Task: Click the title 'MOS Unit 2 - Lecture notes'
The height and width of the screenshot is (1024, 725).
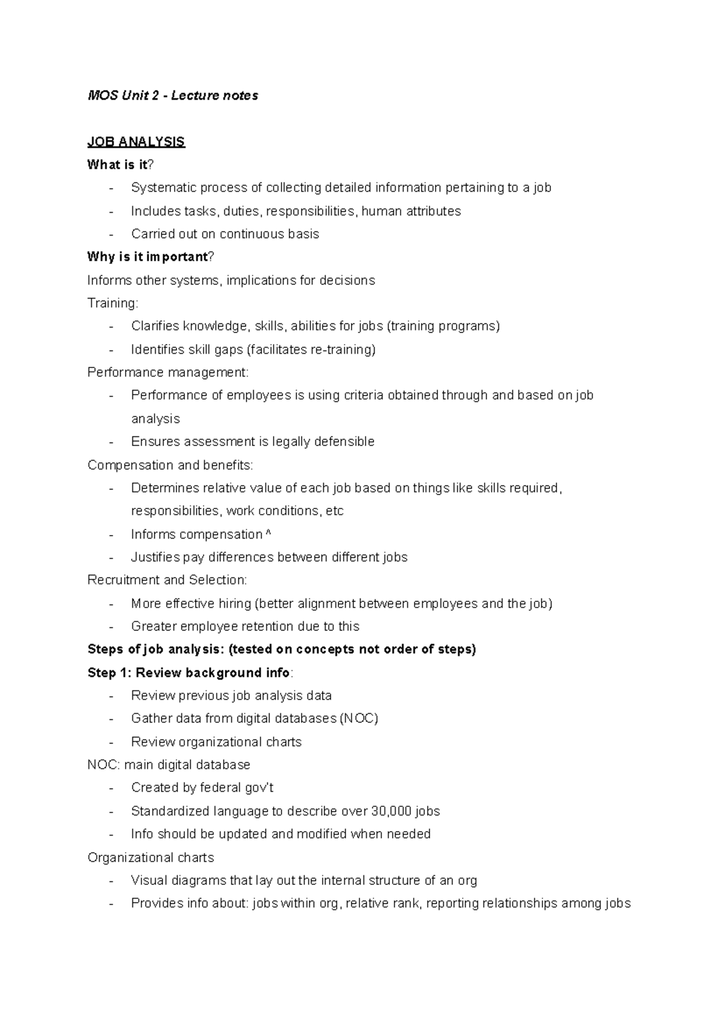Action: pyautogui.click(x=172, y=96)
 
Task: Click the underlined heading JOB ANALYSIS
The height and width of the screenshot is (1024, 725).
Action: pyautogui.click(x=136, y=142)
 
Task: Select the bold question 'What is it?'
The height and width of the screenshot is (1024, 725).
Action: pyautogui.click(x=120, y=165)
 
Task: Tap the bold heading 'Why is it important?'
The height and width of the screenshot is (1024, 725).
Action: pyautogui.click(x=150, y=257)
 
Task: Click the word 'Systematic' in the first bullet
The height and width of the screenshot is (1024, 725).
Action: pyautogui.click(x=161, y=188)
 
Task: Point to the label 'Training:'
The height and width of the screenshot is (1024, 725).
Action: pyautogui.click(x=112, y=303)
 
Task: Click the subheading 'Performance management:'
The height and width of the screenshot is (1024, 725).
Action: pyautogui.click(x=167, y=372)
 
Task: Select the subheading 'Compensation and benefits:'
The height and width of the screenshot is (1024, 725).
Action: pyautogui.click(x=170, y=465)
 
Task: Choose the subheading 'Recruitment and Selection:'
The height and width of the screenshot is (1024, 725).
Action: pyautogui.click(x=167, y=580)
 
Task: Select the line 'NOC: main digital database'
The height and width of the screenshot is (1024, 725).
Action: pyautogui.click(x=169, y=765)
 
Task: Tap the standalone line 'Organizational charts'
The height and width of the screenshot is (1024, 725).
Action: pyautogui.click(x=150, y=858)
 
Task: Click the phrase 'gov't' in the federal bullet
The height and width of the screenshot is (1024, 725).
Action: pyautogui.click(x=260, y=788)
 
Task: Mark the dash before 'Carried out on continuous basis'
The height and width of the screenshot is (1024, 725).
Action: pyautogui.click(x=111, y=235)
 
